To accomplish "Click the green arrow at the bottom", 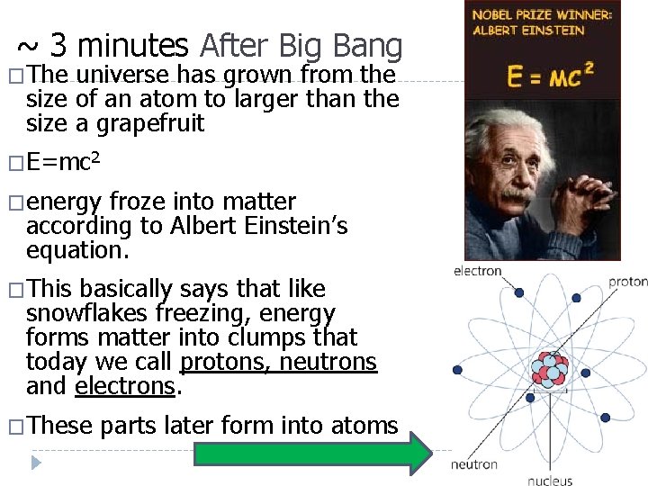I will coord(314,454).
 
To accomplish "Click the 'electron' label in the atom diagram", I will coord(477,271).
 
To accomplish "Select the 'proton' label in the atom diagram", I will coord(627,282).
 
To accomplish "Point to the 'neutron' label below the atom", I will coord(474,465).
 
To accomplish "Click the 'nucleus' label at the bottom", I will coord(550,481).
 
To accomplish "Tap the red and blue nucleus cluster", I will coord(548,370).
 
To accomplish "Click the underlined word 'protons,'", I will coord(226,362).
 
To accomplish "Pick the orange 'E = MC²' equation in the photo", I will coord(550,74).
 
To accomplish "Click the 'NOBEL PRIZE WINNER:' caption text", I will coord(543,15).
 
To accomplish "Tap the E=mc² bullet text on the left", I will coord(63,163).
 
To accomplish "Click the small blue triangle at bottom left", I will coord(36,463).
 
